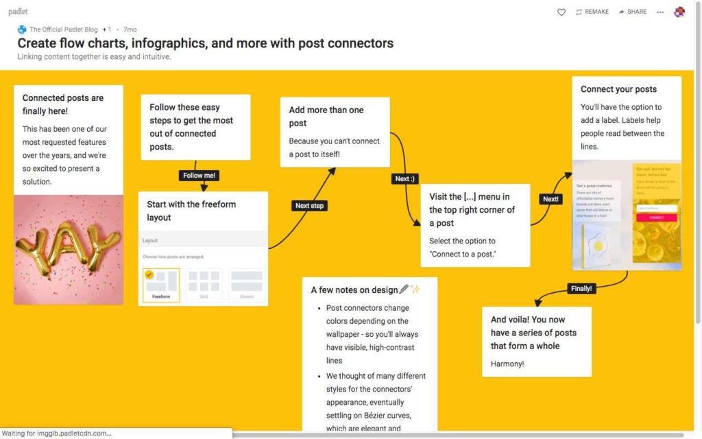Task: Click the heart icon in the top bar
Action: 561,12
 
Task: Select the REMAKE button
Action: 592,12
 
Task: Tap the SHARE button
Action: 632,12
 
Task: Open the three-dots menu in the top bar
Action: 660,12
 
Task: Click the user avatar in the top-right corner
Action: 679,12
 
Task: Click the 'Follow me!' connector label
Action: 199,176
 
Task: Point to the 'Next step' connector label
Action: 309,206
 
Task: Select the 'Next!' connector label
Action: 550,199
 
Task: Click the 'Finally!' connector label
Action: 581,289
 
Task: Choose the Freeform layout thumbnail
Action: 161,285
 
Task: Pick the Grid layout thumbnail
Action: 204,285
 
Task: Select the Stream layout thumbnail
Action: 246,285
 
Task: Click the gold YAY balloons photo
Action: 69,250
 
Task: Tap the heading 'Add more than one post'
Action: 326,117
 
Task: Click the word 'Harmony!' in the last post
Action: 507,364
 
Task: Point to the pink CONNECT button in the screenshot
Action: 656,217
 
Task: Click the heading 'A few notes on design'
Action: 354,290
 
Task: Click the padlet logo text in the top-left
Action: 18,12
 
